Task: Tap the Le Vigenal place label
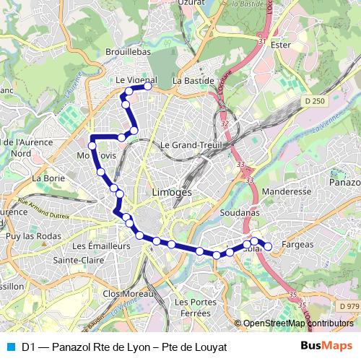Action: [136, 81]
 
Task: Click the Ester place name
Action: [279, 45]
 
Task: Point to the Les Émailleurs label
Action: [102, 245]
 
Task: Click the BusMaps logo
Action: [326, 346]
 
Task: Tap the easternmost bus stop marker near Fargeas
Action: [268, 247]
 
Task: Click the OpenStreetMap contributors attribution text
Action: [297, 323]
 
